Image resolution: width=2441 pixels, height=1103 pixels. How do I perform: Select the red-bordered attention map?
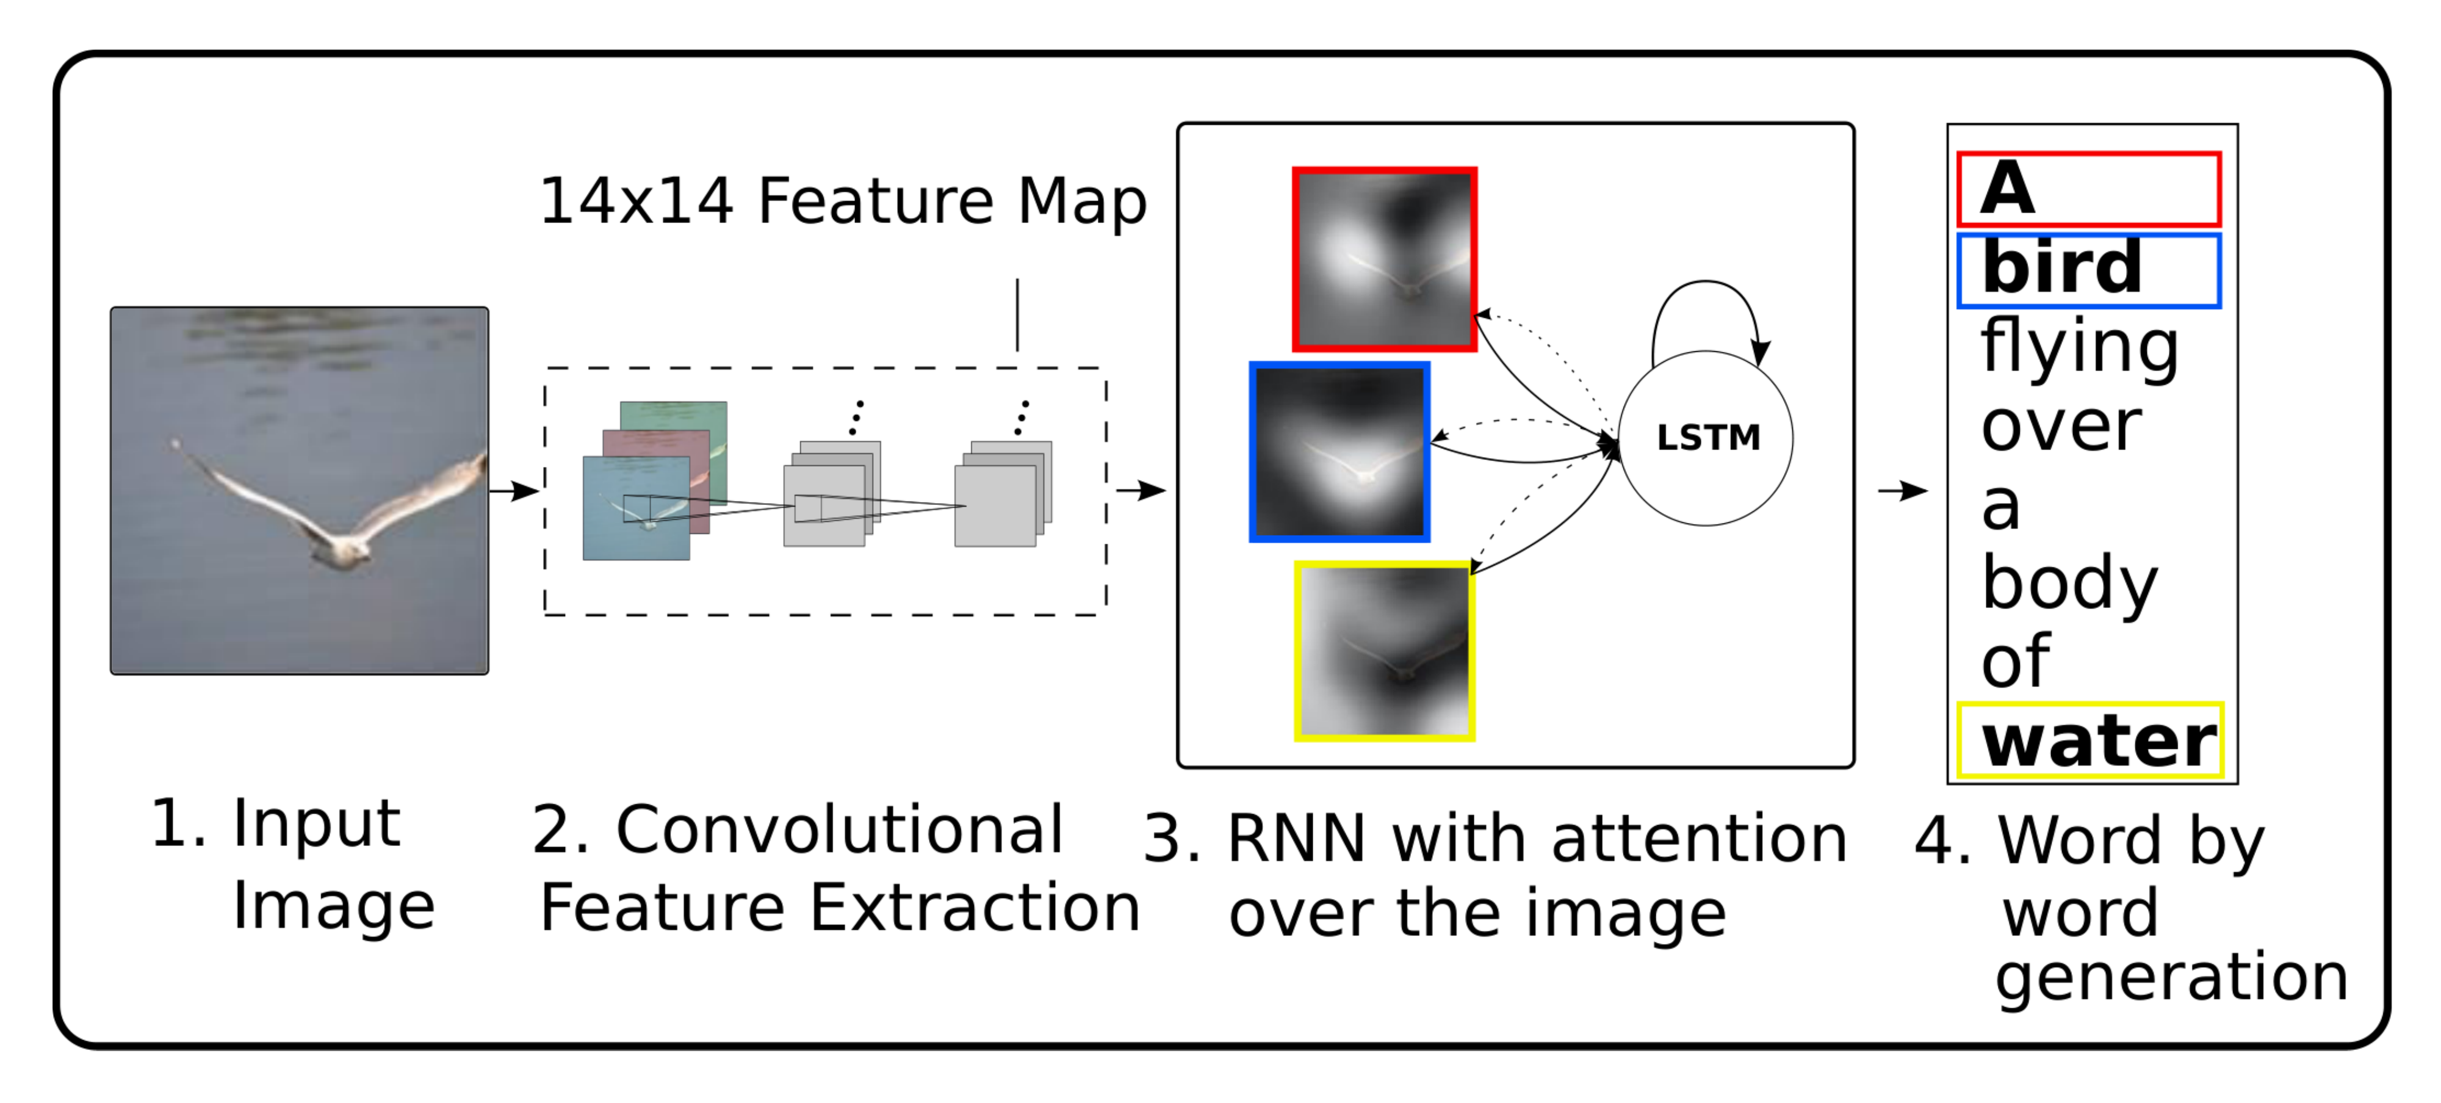[x=1385, y=259]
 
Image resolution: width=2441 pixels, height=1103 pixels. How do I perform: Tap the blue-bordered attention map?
[x=1339, y=452]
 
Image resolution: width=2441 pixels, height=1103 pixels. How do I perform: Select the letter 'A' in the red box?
[x=2007, y=189]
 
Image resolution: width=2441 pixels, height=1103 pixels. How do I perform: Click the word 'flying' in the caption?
[x=2079, y=348]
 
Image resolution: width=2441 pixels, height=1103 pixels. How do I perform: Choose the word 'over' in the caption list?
[x=2060, y=427]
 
